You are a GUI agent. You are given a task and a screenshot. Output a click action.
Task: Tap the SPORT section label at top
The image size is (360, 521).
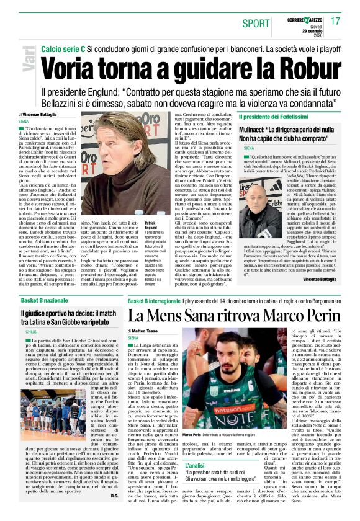(256, 24)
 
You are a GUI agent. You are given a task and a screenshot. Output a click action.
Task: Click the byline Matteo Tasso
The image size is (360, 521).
(148, 332)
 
